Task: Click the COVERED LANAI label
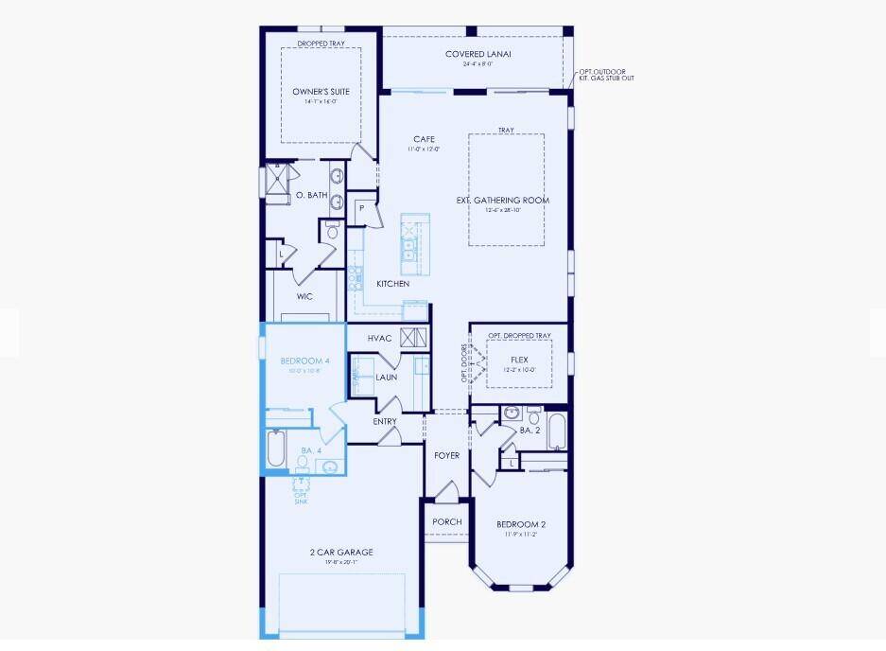click(478, 54)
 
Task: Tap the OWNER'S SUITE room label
click(321, 92)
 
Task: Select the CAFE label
click(423, 139)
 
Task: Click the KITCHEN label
click(392, 284)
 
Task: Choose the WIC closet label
click(304, 296)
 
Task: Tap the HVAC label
click(380, 339)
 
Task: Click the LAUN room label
click(386, 377)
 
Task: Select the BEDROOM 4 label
click(304, 361)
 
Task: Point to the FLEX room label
click(519, 360)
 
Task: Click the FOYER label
click(446, 456)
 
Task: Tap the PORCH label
click(446, 522)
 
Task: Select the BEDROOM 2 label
click(521, 524)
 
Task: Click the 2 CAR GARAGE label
click(341, 552)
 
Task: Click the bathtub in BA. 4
click(275, 449)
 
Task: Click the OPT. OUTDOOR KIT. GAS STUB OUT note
click(606, 74)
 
